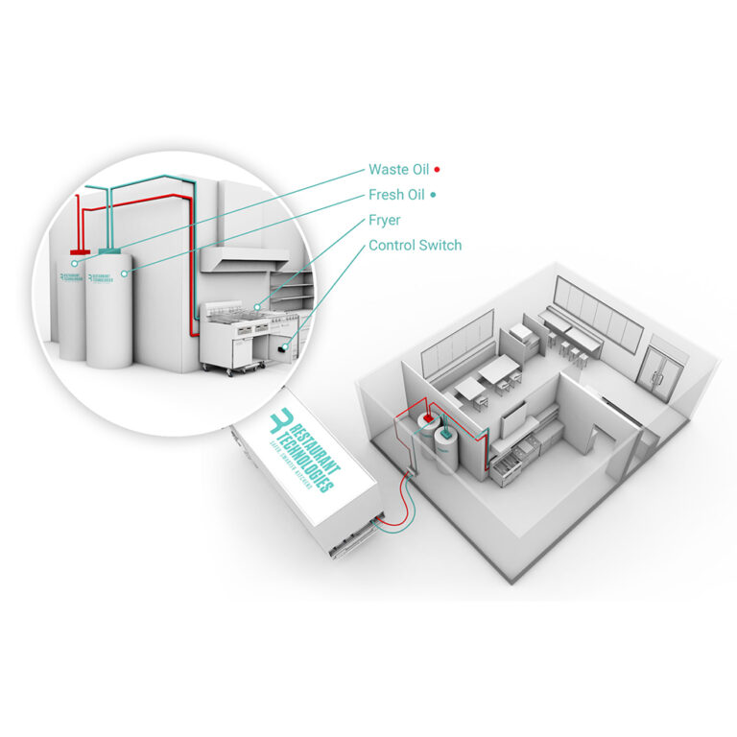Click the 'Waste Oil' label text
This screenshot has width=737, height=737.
pos(398,170)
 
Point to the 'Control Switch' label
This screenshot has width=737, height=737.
pos(415,246)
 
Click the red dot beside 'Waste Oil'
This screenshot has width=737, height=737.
pos(437,170)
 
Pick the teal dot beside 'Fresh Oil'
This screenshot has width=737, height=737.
pos(434,195)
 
